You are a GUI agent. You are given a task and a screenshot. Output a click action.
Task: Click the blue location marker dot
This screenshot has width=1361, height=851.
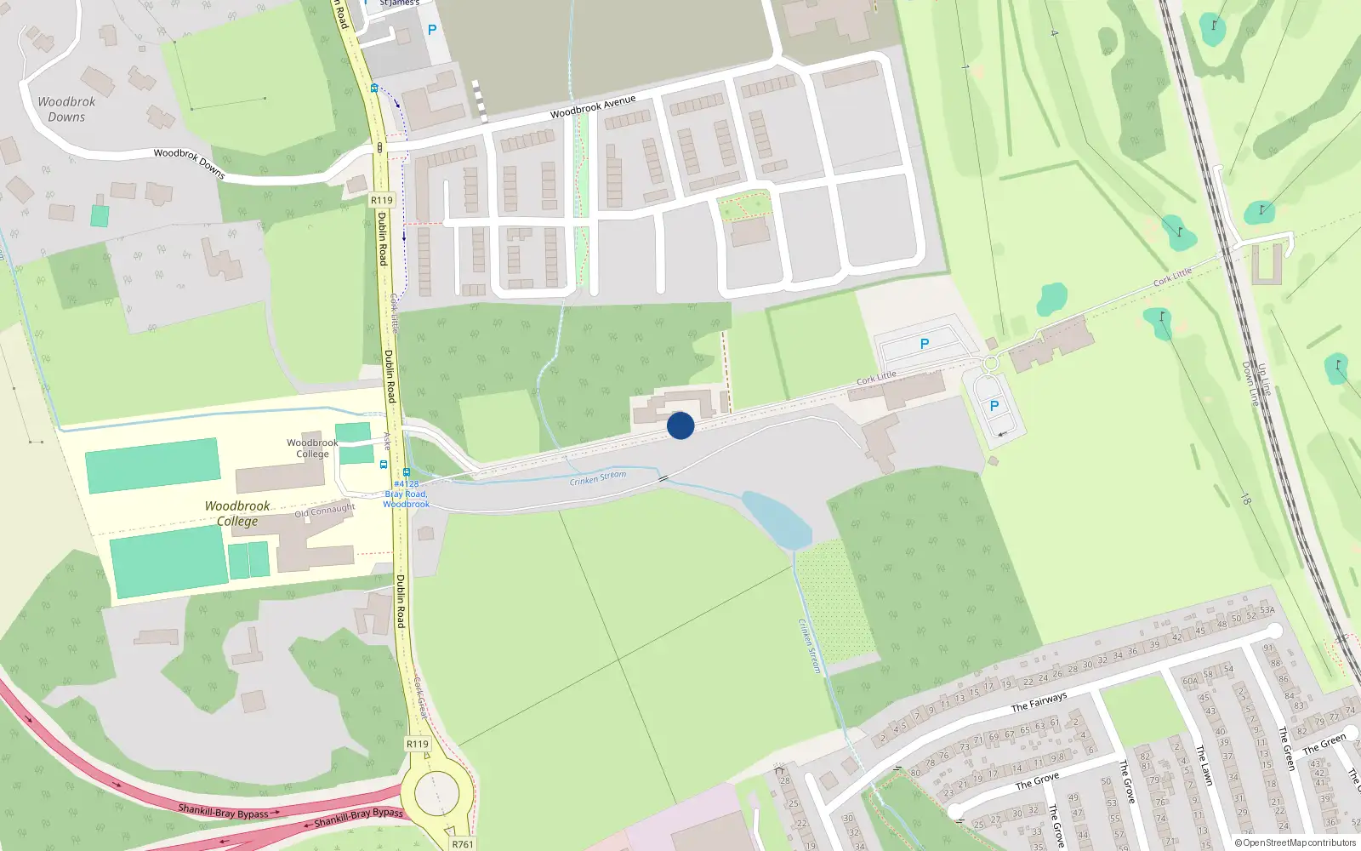click(x=680, y=425)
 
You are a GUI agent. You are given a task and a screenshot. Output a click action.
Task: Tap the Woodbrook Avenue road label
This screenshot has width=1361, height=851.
click(x=593, y=107)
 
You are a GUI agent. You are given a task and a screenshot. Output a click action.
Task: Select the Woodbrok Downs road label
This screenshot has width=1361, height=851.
click(x=189, y=163)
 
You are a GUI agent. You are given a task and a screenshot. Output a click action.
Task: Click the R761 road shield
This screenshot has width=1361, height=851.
click(x=463, y=843)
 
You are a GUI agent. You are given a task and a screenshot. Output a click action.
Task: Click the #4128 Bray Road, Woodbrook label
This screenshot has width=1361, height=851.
click(x=407, y=494)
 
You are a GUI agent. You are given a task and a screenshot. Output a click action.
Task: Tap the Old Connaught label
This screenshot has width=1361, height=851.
click(x=325, y=511)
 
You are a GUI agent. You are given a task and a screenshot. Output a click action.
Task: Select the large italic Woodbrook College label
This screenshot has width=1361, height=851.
click(x=237, y=513)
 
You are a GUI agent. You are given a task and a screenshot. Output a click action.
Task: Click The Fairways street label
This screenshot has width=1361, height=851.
click(x=1039, y=703)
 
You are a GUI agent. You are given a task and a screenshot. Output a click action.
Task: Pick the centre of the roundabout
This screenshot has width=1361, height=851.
click(x=436, y=795)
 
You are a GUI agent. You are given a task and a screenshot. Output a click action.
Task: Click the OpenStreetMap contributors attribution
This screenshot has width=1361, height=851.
click(x=1296, y=842)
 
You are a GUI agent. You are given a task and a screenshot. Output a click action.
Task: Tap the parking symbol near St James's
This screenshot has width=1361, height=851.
click(x=432, y=31)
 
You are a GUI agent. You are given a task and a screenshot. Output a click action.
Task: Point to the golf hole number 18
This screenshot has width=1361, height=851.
click(x=1245, y=500)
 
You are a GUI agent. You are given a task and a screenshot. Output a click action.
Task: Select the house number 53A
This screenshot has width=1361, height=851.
click(x=1267, y=610)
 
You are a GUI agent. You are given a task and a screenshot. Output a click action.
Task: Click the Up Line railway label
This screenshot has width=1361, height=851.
click(x=1264, y=380)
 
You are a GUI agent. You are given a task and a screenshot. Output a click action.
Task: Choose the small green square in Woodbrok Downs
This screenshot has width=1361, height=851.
click(x=100, y=216)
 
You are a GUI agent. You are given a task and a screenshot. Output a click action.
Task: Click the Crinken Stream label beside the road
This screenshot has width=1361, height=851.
click(x=598, y=478)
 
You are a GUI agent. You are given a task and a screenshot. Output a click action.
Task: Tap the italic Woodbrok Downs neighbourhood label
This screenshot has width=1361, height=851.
click(x=66, y=109)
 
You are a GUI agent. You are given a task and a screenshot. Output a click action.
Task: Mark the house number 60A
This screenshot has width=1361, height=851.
click(x=1189, y=681)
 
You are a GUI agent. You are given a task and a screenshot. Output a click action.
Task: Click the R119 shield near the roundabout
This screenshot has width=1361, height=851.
click(x=418, y=744)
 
